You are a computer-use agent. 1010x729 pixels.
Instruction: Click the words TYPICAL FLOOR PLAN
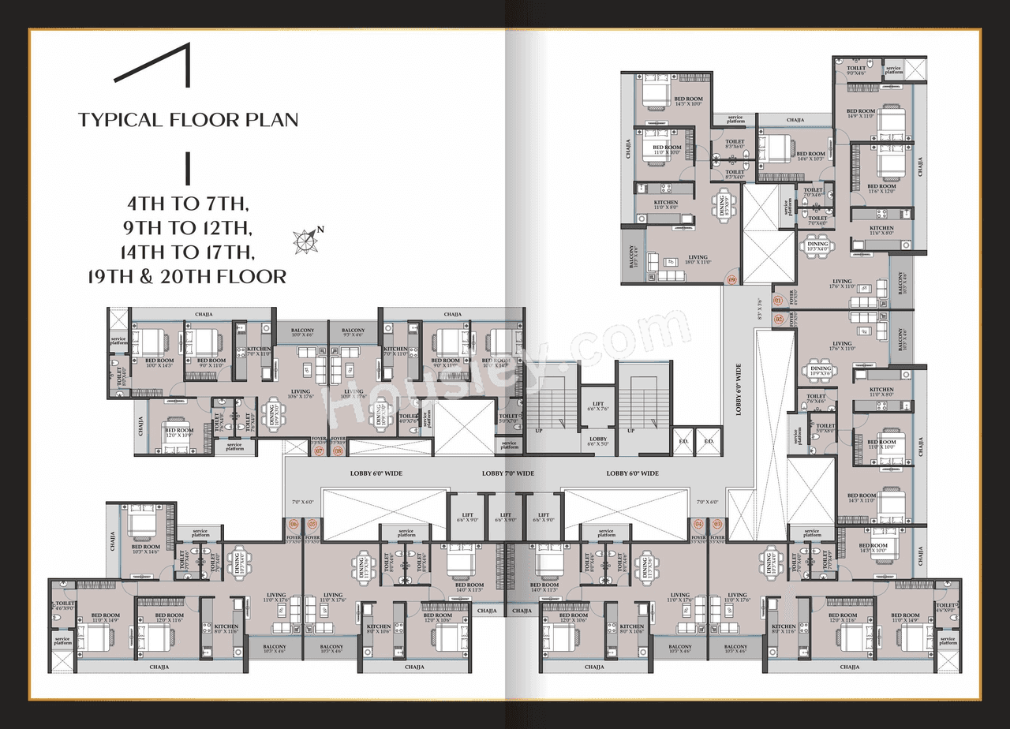click(188, 120)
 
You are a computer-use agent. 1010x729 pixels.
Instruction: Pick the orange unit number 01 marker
click(778, 301)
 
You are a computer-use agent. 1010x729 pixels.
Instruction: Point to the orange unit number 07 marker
click(312, 523)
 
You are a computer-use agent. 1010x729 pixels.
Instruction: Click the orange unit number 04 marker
click(698, 523)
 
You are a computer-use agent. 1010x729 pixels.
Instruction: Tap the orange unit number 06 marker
click(294, 523)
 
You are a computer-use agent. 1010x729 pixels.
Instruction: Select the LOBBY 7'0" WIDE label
click(508, 473)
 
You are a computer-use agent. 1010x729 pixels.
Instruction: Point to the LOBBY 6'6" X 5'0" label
click(599, 441)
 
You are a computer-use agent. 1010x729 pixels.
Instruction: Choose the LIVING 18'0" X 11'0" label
click(698, 260)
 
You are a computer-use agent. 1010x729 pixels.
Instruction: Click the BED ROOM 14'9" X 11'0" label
click(861, 114)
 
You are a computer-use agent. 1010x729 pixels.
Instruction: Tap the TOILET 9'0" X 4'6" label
click(856, 71)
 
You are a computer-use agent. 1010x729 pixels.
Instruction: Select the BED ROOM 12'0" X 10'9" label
click(178, 432)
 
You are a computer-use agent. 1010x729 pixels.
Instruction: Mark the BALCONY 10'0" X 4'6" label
click(302, 333)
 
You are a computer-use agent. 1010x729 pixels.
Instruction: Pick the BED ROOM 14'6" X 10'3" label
click(810, 156)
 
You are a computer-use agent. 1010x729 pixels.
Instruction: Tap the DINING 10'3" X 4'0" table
click(817, 247)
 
